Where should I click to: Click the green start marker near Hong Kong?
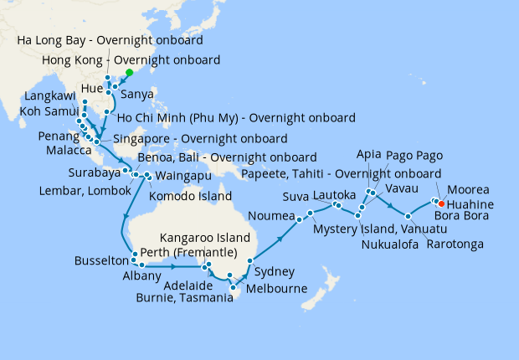pyautogui.click(x=130, y=72)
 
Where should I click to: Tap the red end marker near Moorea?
pyautogui.click(x=441, y=203)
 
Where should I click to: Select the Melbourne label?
pyautogui.click(x=274, y=289)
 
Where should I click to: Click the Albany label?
pyautogui.click(x=141, y=275)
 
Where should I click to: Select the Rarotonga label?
pyautogui.click(x=455, y=244)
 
